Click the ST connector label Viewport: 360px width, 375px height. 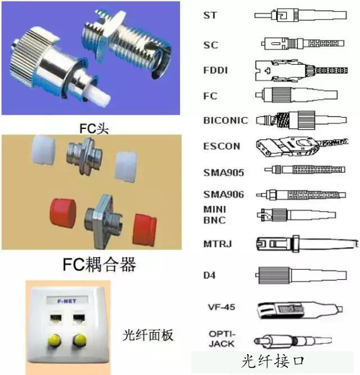[x=210, y=15]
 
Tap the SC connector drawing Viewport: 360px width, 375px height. [x=303, y=43]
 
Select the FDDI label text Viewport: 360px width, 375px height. [x=215, y=70]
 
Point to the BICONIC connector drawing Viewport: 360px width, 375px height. [x=301, y=120]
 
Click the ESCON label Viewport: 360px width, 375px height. [x=222, y=146]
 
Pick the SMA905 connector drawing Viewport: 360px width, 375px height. [x=304, y=169]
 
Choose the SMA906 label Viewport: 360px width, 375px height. [x=223, y=194]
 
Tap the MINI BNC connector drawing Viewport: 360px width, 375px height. [x=296, y=215]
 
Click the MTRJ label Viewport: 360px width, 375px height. [x=217, y=244]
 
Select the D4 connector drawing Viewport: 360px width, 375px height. [x=301, y=275]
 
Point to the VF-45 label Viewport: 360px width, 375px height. [x=222, y=307]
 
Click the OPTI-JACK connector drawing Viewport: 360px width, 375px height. [x=292, y=340]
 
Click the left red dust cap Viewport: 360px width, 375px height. [x=63, y=212]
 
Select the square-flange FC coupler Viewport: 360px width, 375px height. [x=103, y=221]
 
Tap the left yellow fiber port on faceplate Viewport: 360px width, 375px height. [x=54, y=340]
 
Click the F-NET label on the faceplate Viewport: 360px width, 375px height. [x=67, y=301]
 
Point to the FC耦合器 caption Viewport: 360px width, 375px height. [x=99, y=264]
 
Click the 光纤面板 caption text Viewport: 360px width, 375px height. [x=147, y=335]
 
